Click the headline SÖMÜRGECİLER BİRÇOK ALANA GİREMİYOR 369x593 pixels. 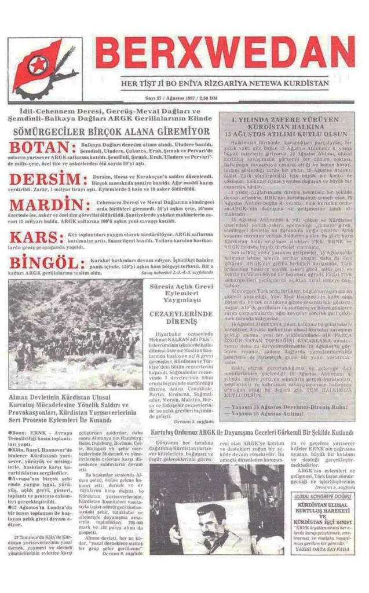coord(112,131)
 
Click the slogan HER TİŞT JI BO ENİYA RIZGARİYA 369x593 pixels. coord(224,83)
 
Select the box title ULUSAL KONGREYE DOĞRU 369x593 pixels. coord(322,496)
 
